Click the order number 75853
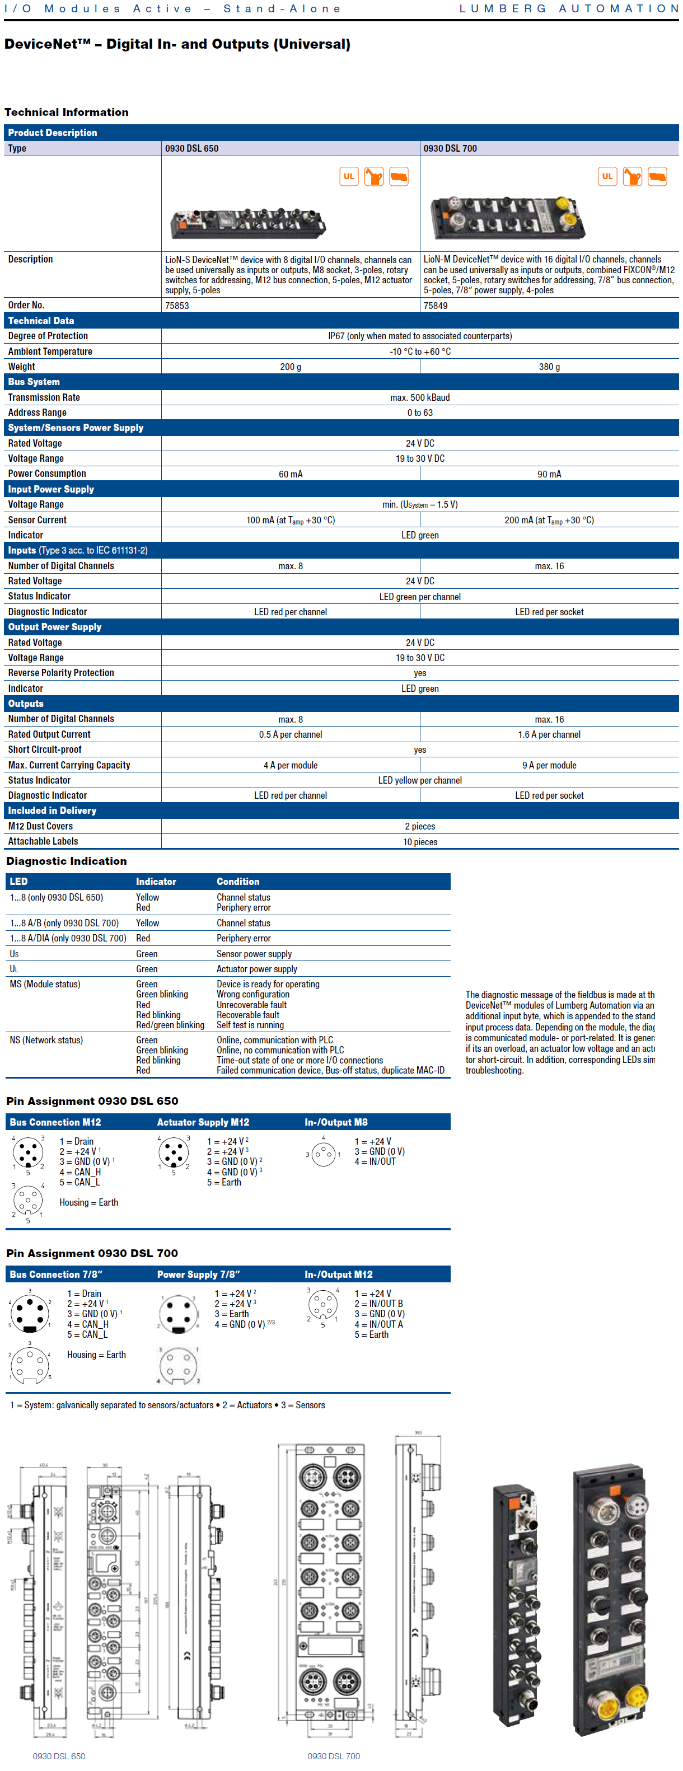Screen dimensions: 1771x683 pyautogui.click(x=177, y=305)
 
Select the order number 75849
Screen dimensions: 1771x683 pyautogui.click(x=436, y=305)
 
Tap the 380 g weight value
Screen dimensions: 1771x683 pyautogui.click(x=549, y=367)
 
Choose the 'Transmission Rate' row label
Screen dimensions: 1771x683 pyautogui.click(x=44, y=397)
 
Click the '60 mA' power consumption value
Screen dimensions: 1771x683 pyautogui.click(x=290, y=474)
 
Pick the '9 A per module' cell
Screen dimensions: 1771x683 pyautogui.click(x=549, y=765)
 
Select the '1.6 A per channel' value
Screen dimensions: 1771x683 pyautogui.click(x=549, y=734)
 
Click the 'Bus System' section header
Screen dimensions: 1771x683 pyautogui.click(x=34, y=382)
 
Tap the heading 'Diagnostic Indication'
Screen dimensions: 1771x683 pyautogui.click(x=67, y=861)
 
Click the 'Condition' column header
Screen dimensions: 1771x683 pyautogui.click(x=238, y=882)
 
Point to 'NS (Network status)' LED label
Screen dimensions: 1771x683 pyautogui.click(x=46, y=1039)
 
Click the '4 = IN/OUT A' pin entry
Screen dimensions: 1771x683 pyautogui.click(x=378, y=1324)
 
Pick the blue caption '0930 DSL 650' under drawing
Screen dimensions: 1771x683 pyautogui.click(x=59, y=1756)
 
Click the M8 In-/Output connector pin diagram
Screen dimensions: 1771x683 pyautogui.click(x=322, y=1154)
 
